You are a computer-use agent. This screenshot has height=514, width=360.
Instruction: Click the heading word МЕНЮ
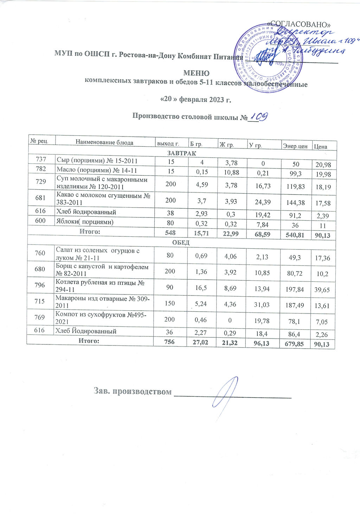pyautogui.click(x=197, y=73)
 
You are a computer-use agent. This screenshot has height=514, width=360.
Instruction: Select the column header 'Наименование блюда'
pyautogui.click(x=104, y=142)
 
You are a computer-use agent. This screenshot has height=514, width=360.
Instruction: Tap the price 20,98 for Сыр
pyautogui.click(x=323, y=164)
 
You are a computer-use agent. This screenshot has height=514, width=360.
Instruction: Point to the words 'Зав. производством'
pyautogui.click(x=133, y=391)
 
